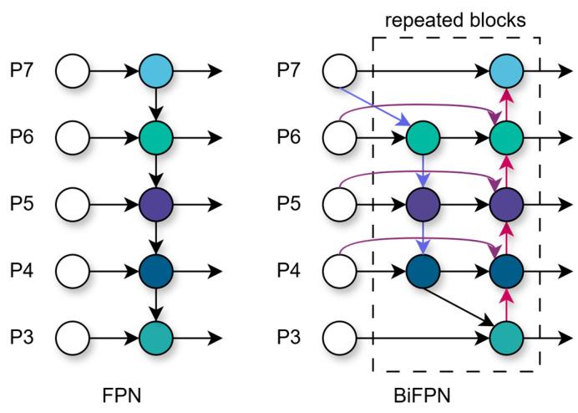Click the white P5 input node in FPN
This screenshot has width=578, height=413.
pyautogui.click(x=72, y=205)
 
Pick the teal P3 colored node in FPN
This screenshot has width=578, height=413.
pyautogui.click(x=155, y=339)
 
